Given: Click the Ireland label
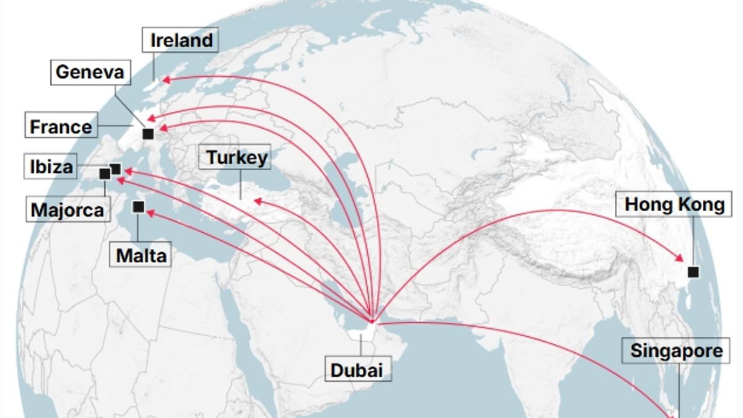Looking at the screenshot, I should point(181,41).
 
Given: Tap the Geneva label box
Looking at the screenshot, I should point(89,72).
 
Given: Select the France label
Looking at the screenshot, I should point(61,127).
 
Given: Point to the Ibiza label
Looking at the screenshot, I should point(51,167).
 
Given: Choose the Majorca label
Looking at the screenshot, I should point(67,210).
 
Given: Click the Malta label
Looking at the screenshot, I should point(141,255).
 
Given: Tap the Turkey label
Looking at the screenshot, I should point(237,157).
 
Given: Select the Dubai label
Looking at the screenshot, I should point(357,370).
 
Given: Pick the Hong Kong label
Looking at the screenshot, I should point(674,204).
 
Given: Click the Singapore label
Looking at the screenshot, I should point(676,351).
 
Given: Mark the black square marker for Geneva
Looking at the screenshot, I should point(148,134).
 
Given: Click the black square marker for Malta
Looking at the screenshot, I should point(139,207).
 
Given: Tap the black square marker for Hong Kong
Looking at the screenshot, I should point(693,272).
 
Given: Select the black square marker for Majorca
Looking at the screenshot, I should point(105,175).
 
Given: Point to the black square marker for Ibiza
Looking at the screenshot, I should point(116,168).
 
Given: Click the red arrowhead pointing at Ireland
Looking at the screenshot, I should point(165,79).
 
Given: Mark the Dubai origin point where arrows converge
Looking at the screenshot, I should point(371,321).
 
